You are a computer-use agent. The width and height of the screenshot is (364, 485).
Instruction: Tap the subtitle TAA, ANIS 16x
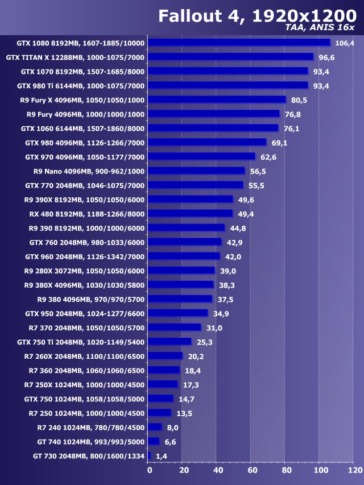(x=321, y=27)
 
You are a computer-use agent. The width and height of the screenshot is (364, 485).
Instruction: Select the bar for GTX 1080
(x=239, y=43)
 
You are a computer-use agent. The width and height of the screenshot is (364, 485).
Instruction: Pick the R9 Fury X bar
(x=217, y=100)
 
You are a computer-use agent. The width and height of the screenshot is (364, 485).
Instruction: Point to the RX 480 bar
(x=190, y=214)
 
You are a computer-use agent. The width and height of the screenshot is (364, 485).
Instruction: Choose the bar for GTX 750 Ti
(x=169, y=342)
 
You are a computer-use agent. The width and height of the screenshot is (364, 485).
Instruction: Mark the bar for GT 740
(x=154, y=441)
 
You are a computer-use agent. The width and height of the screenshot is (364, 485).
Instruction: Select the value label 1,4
(x=162, y=456)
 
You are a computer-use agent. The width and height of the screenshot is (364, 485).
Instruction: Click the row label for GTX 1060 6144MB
(x=82, y=128)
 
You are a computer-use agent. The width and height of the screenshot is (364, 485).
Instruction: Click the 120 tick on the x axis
(x=354, y=470)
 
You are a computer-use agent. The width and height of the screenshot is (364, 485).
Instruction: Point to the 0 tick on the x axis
(x=150, y=470)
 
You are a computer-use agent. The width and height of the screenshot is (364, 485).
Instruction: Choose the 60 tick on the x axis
(x=252, y=470)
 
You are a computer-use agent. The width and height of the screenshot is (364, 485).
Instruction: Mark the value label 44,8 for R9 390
(x=239, y=229)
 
